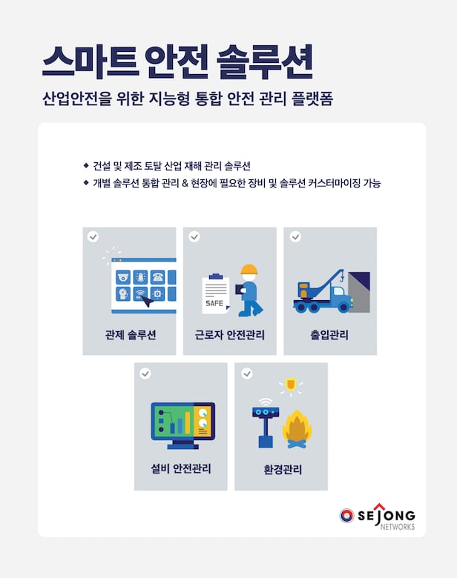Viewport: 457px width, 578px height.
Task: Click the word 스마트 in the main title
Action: pyautogui.click(x=91, y=62)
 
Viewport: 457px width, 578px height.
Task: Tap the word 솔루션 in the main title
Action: pyautogui.click(x=265, y=62)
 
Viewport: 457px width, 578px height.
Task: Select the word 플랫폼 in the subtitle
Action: pyautogui.click(x=312, y=99)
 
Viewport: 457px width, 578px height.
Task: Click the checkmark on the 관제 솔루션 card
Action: pyautogui.click(x=93, y=236)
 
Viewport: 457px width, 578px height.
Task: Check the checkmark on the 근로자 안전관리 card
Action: pyautogui.click(x=194, y=236)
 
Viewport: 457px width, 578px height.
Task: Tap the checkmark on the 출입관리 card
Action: pyautogui.click(x=295, y=236)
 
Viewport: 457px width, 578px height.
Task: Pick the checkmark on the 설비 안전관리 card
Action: pyautogui.click(x=145, y=373)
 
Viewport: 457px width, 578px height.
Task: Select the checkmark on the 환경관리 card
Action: pyautogui.click(x=246, y=373)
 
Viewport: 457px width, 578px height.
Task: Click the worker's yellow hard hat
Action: pyautogui.click(x=249, y=269)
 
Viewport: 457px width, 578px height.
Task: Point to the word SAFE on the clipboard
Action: pyautogui.click(x=214, y=303)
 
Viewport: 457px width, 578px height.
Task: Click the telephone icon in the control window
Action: pyautogui.click(x=158, y=277)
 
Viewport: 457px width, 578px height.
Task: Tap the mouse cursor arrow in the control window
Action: pyautogui.click(x=148, y=302)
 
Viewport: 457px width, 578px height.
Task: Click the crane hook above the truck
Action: pyautogui.click(x=342, y=277)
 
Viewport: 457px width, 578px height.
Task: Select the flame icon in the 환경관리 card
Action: pyautogui.click(x=297, y=429)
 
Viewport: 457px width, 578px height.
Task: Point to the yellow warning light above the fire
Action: pyautogui.click(x=291, y=384)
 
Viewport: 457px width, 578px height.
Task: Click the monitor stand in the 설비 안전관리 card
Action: pyautogui.click(x=183, y=445)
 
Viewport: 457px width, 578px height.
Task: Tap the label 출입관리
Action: pyautogui.click(x=329, y=335)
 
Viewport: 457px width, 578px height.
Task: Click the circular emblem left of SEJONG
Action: pyautogui.click(x=346, y=516)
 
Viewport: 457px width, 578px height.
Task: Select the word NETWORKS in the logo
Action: pyautogui.click(x=397, y=527)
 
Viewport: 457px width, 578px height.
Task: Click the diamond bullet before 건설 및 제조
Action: pyautogui.click(x=86, y=165)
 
